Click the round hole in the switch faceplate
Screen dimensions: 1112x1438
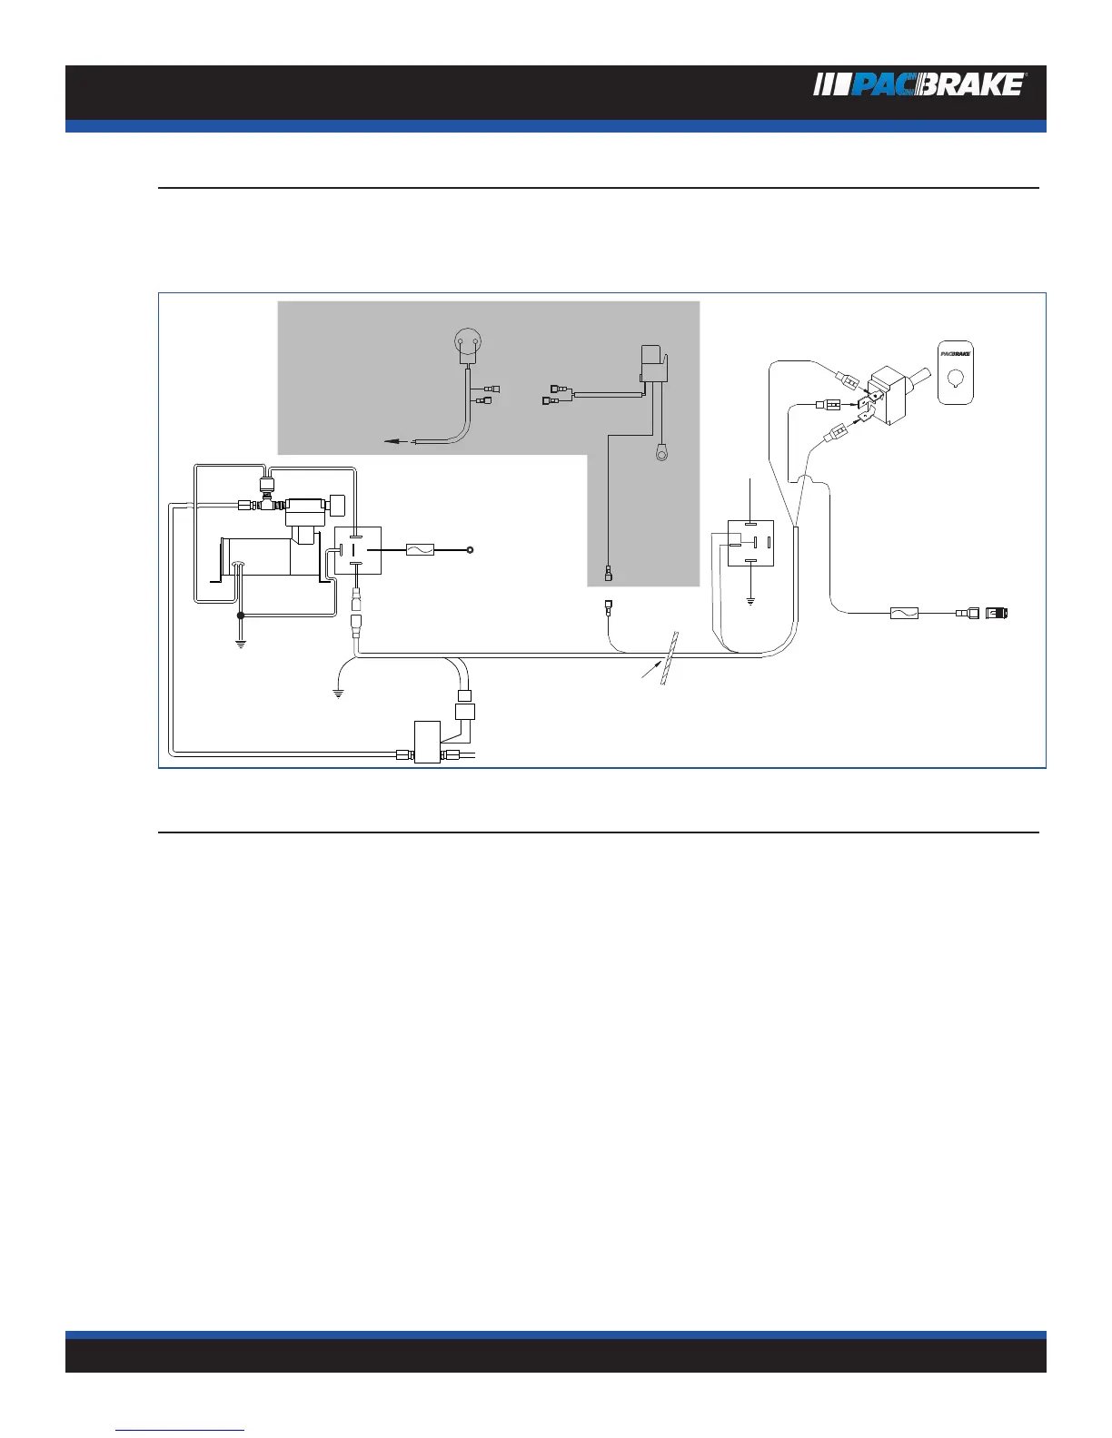tap(955, 379)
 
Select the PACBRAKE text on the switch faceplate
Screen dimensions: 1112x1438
tap(955, 352)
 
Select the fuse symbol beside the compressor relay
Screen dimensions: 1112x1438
tap(420, 550)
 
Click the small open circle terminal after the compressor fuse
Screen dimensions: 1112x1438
tap(471, 550)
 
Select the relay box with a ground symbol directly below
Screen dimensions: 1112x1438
tap(750, 543)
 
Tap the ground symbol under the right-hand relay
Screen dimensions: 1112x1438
tap(750, 600)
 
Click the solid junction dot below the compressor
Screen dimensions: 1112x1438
tap(241, 616)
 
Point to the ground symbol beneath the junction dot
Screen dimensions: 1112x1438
tap(241, 645)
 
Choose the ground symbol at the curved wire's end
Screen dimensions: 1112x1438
tap(338, 694)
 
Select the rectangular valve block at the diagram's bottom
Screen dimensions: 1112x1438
tap(427, 742)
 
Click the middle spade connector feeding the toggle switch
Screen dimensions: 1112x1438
tap(833, 405)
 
